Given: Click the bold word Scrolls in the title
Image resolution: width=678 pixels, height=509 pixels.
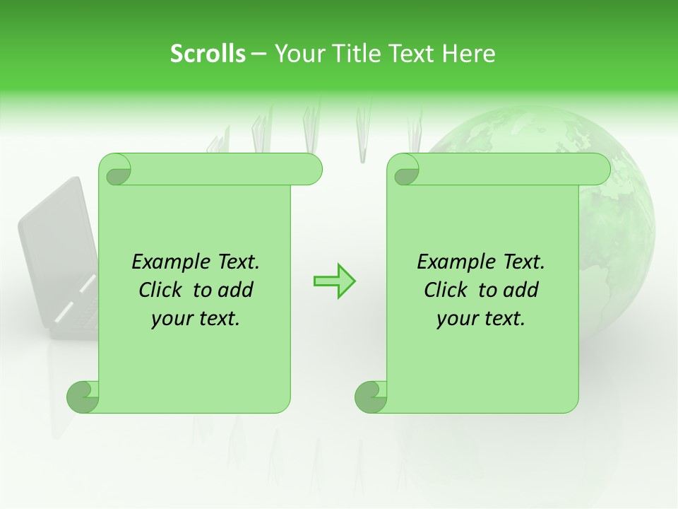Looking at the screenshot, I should [208, 54].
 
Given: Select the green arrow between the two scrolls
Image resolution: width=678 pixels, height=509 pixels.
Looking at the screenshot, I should [334, 281].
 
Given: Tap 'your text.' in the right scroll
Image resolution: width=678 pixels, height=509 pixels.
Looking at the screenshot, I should [481, 319].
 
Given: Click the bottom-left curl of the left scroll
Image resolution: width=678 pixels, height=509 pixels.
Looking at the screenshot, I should [82, 397].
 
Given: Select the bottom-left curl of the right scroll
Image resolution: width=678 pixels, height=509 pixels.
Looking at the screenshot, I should [370, 397].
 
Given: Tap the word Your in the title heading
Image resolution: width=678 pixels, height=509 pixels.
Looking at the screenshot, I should [297, 54].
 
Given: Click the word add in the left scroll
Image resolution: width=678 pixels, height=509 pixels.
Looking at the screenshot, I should [237, 291].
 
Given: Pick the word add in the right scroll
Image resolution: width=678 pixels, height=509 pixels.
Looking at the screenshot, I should [522, 291].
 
